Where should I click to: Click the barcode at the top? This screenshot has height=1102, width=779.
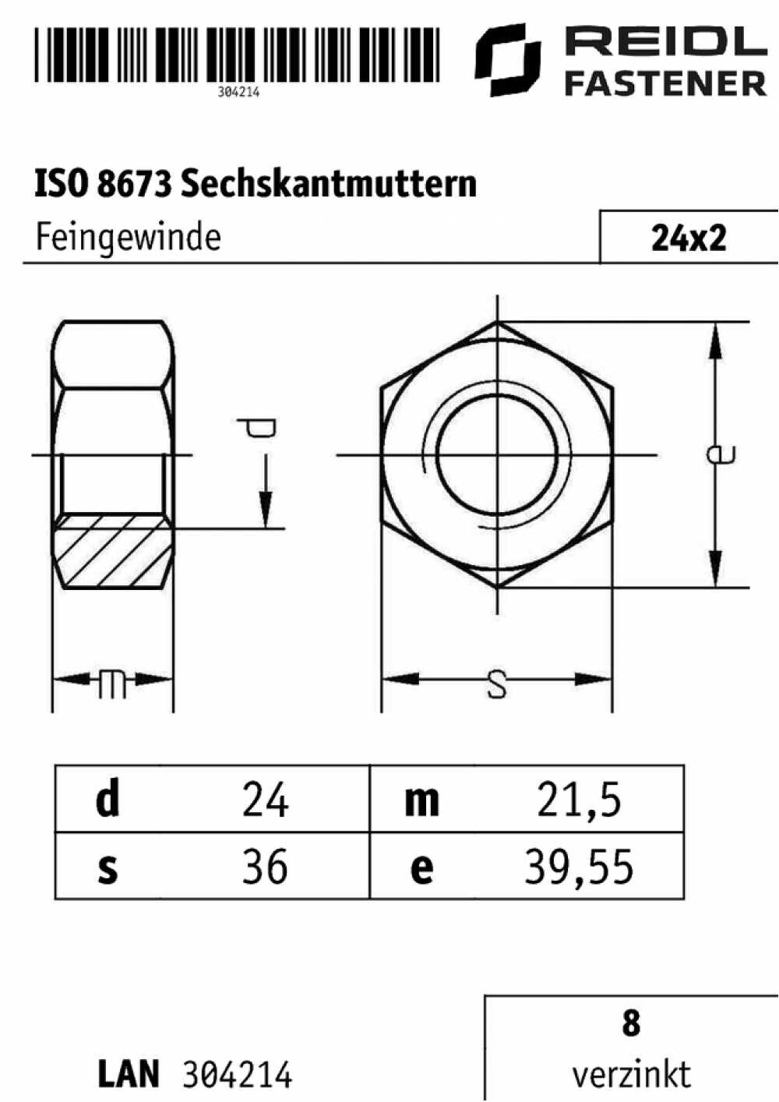pyautogui.click(x=237, y=54)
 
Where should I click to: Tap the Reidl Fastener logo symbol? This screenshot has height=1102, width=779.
pyautogui.click(x=508, y=59)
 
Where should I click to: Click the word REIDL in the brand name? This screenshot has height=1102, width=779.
pyautogui.click(x=666, y=41)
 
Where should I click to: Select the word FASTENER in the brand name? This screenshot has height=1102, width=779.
pyautogui.click(x=665, y=83)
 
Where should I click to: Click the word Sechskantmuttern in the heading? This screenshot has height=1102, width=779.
pyautogui.click(x=329, y=184)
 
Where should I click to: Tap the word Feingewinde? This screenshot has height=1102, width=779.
pyautogui.click(x=129, y=238)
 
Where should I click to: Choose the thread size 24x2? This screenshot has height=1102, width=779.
pyautogui.click(x=689, y=239)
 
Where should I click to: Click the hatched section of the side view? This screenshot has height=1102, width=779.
pyautogui.click(x=113, y=551)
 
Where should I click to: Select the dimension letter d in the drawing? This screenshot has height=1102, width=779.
pyautogui.click(x=257, y=428)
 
